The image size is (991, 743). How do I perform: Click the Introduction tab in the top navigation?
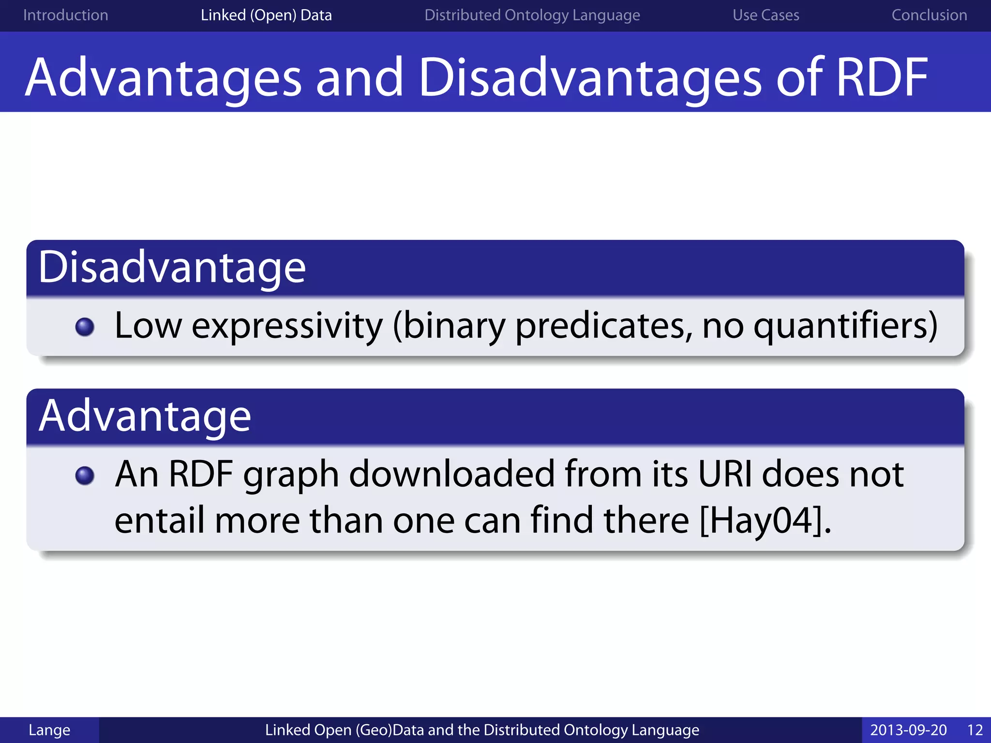(65, 15)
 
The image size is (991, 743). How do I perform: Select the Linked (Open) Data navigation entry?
(266, 15)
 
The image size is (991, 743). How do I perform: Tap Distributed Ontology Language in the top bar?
(532, 15)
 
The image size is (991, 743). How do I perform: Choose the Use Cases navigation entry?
(766, 15)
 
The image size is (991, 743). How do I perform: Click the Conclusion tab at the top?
(929, 15)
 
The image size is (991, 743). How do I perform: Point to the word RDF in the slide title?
(882, 77)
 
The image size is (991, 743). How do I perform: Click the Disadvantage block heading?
(172, 267)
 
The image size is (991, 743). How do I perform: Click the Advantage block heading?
(145, 416)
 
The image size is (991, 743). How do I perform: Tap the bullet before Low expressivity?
(85, 327)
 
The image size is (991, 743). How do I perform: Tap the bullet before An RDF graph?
(85, 476)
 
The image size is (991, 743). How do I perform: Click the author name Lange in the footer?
(49, 730)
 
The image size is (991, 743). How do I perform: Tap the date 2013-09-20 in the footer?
(908, 730)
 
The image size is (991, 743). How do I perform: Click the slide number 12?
(975, 730)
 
